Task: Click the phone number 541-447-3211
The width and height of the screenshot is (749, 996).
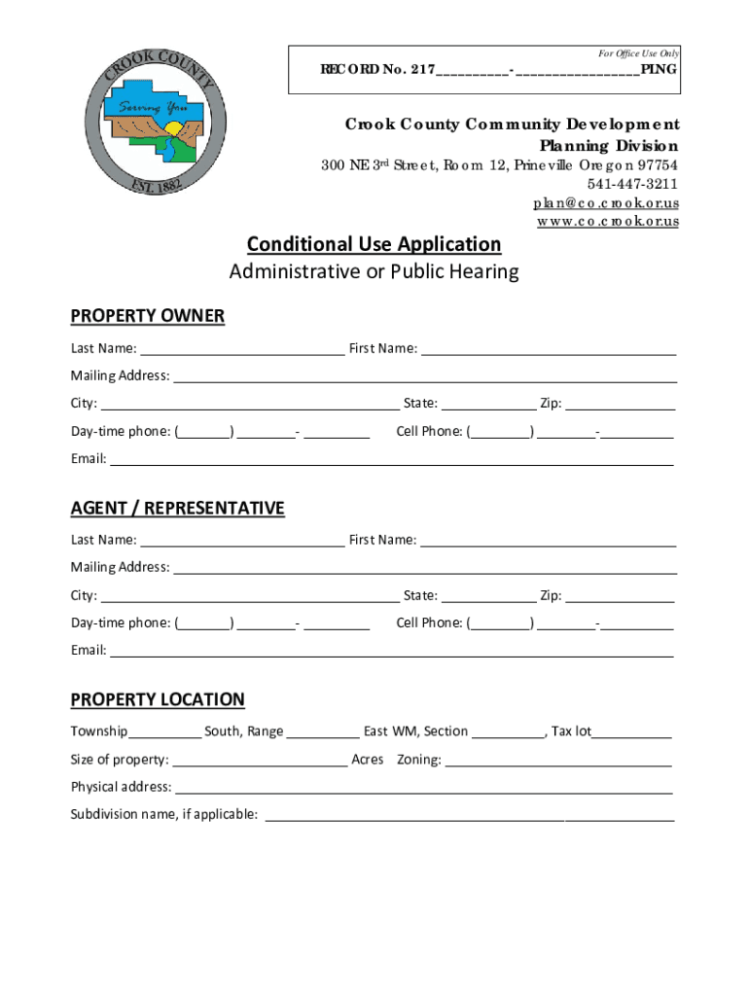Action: coord(632,184)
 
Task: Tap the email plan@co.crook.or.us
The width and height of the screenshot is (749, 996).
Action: coord(605,202)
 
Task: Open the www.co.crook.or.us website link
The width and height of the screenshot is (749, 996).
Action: coord(607,221)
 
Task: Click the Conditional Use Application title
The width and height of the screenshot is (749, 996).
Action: coord(374,244)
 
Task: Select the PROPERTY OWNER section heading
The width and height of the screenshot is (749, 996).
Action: coord(147,316)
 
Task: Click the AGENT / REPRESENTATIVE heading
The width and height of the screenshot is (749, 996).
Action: coord(177,509)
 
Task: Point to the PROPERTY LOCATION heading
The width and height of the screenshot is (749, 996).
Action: coord(158,700)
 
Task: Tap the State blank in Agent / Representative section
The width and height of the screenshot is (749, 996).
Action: coord(487,596)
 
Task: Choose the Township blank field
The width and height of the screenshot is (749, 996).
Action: coord(164,732)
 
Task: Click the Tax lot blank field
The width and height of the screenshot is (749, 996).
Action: coord(631,732)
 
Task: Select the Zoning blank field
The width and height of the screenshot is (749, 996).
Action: coord(557,761)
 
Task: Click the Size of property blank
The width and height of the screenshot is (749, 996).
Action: coord(259,761)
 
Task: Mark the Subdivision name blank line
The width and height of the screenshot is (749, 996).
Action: coord(469,816)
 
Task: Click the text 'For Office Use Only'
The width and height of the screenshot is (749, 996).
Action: coord(638,53)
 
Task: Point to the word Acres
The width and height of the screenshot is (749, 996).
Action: coord(368,760)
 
